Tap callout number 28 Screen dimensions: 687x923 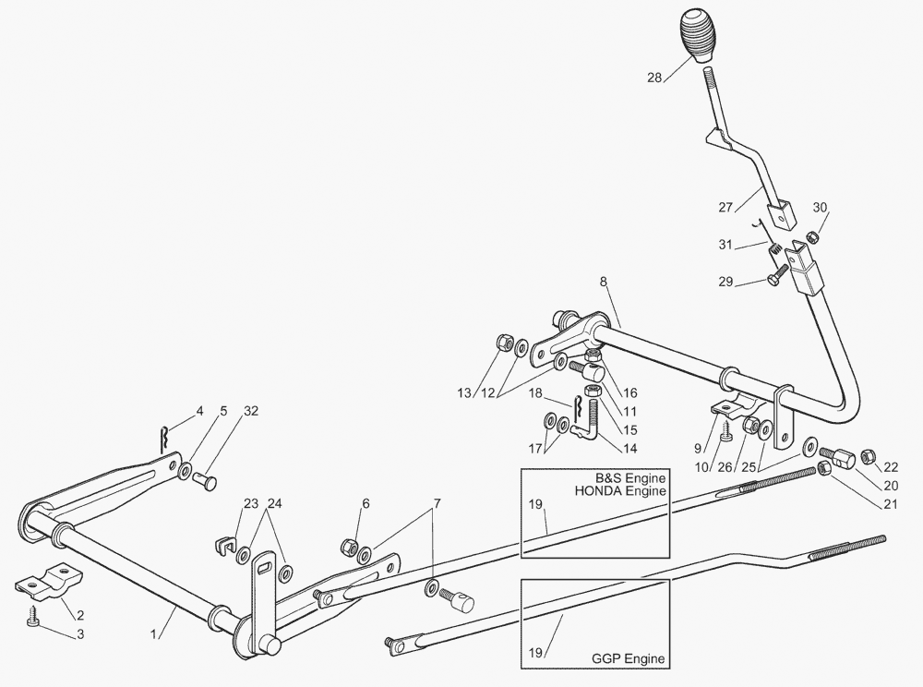point(654,78)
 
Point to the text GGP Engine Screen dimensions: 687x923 point(629,659)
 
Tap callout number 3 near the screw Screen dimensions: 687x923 point(80,633)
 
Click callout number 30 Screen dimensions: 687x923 point(821,207)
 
